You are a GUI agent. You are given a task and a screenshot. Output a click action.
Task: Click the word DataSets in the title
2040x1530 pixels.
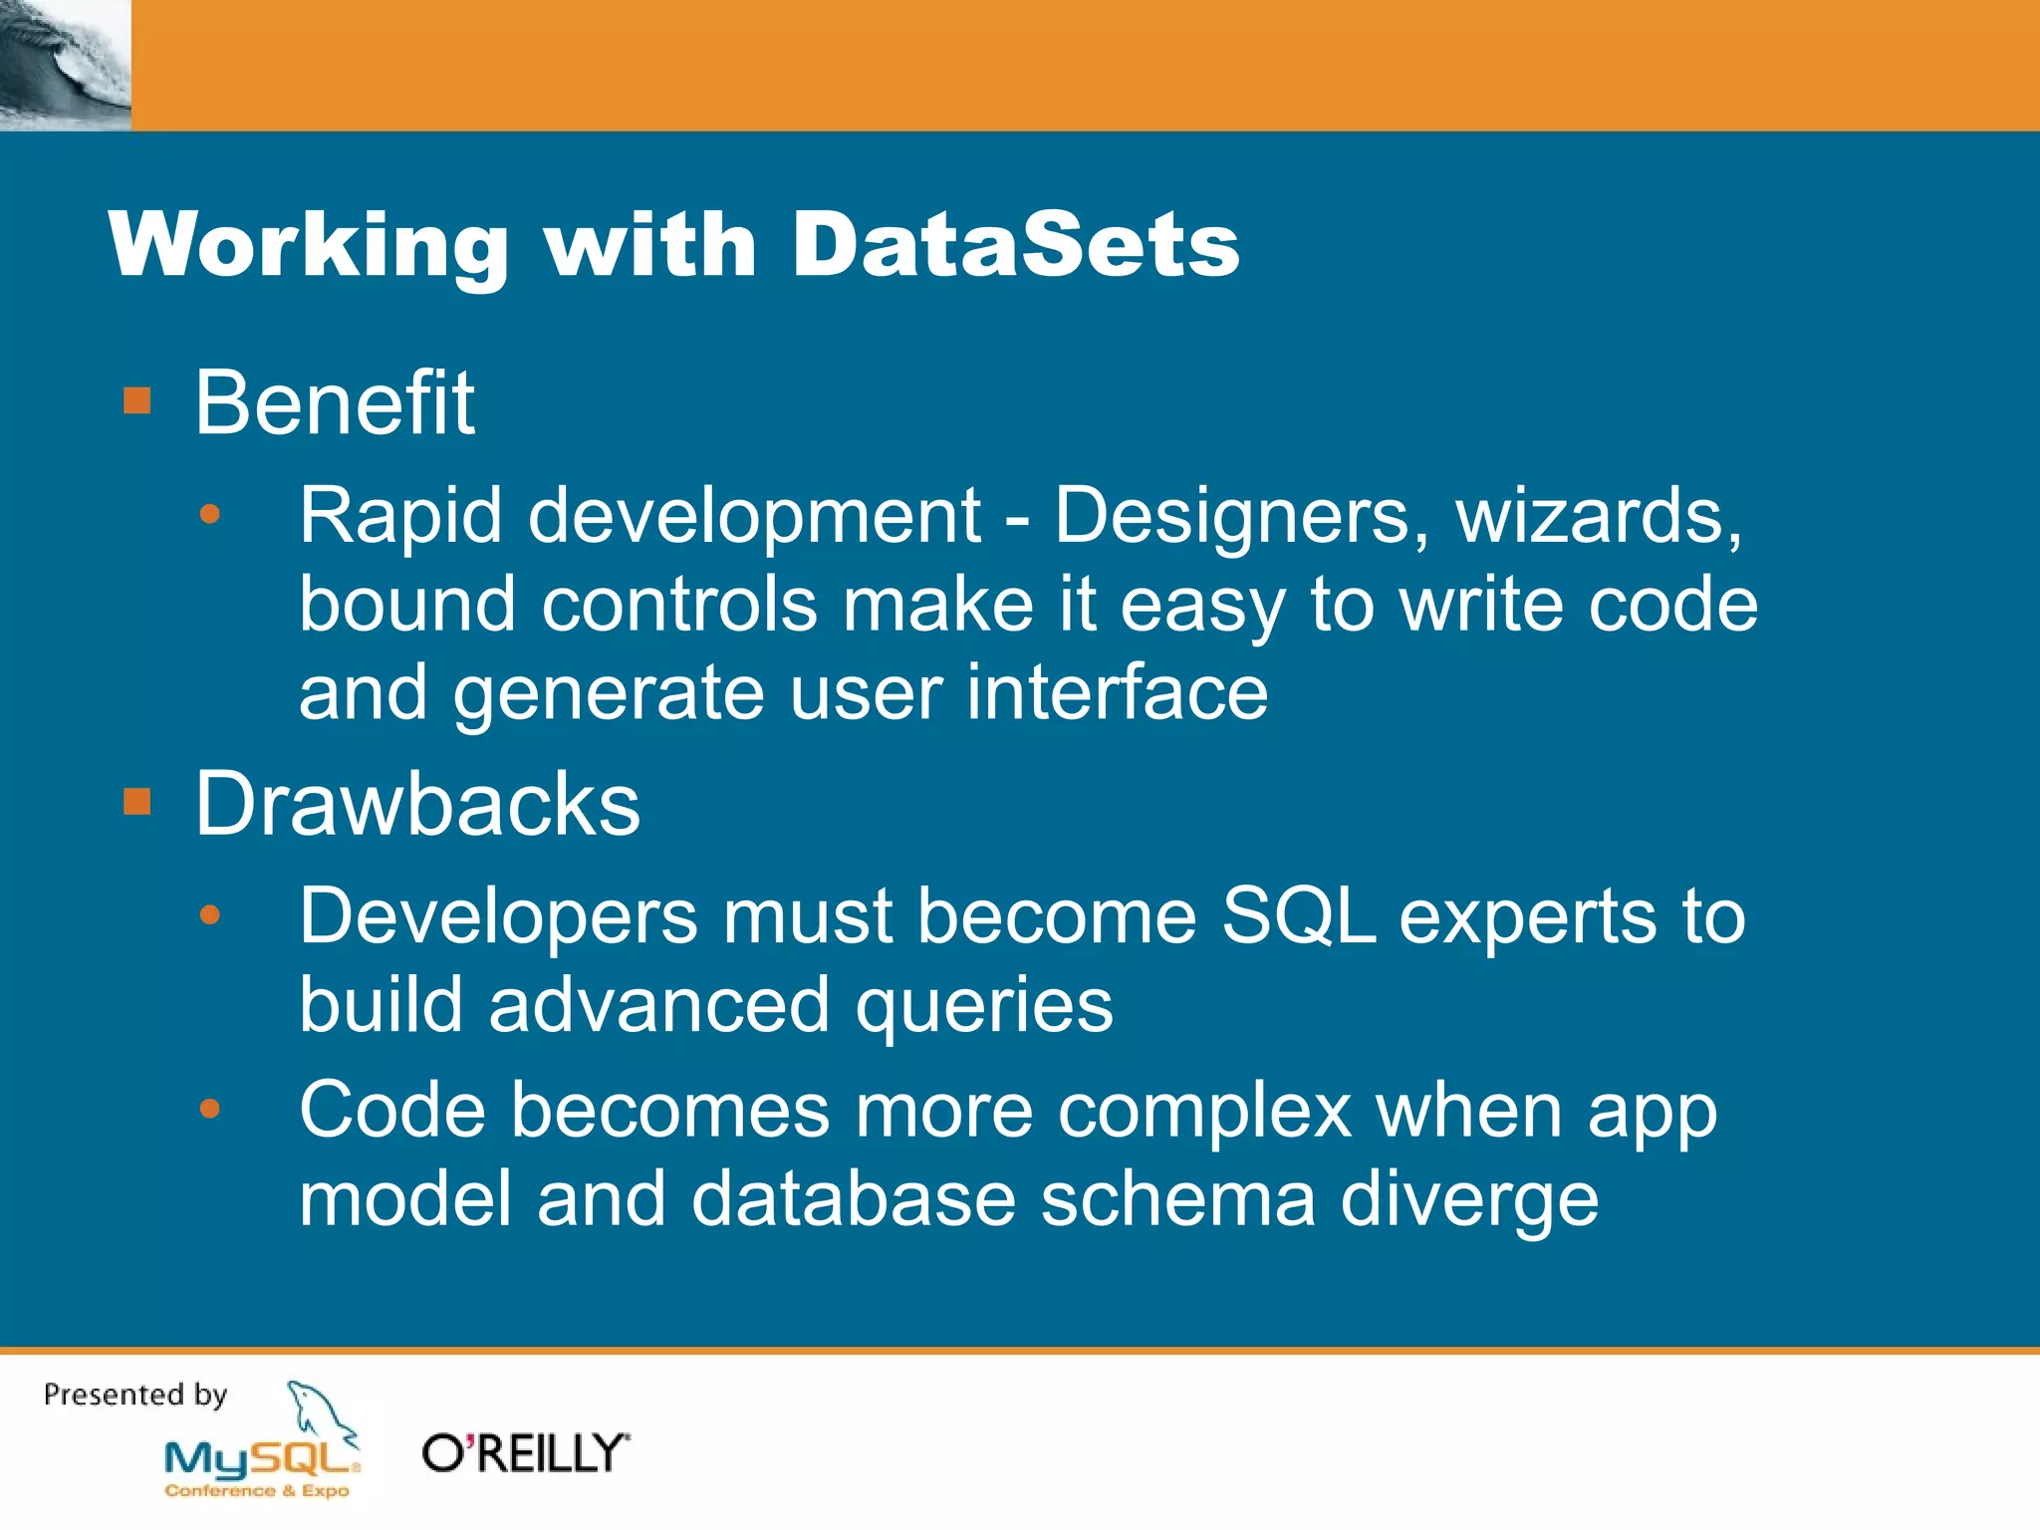1014,245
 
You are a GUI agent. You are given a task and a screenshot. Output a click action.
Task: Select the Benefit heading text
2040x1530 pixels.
335,402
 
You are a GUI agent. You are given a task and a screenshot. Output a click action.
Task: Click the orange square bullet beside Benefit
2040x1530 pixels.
136,400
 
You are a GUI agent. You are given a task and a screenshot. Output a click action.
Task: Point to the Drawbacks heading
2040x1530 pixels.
416,804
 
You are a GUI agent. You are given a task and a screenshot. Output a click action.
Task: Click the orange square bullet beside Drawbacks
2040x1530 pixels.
136,801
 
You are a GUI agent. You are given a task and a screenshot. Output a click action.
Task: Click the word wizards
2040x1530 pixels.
1599,516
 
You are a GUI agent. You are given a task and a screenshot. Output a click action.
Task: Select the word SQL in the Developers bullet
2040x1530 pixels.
1298,916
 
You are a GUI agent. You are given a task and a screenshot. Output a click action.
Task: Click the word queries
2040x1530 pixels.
984,1006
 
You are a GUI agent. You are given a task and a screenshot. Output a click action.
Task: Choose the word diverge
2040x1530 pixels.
1469,1200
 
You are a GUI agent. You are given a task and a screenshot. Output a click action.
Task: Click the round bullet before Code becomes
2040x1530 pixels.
209,1109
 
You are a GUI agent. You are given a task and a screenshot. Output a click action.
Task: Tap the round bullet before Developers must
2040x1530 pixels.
209,914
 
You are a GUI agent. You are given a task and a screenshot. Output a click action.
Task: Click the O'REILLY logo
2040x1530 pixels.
525,1453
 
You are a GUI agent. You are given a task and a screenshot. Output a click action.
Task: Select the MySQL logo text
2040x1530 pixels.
261,1460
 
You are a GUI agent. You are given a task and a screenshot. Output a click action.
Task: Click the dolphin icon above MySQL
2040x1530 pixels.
319,1409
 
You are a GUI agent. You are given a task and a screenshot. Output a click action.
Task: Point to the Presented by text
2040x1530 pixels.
135,1395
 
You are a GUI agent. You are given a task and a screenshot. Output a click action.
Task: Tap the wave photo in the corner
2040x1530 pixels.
65,65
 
